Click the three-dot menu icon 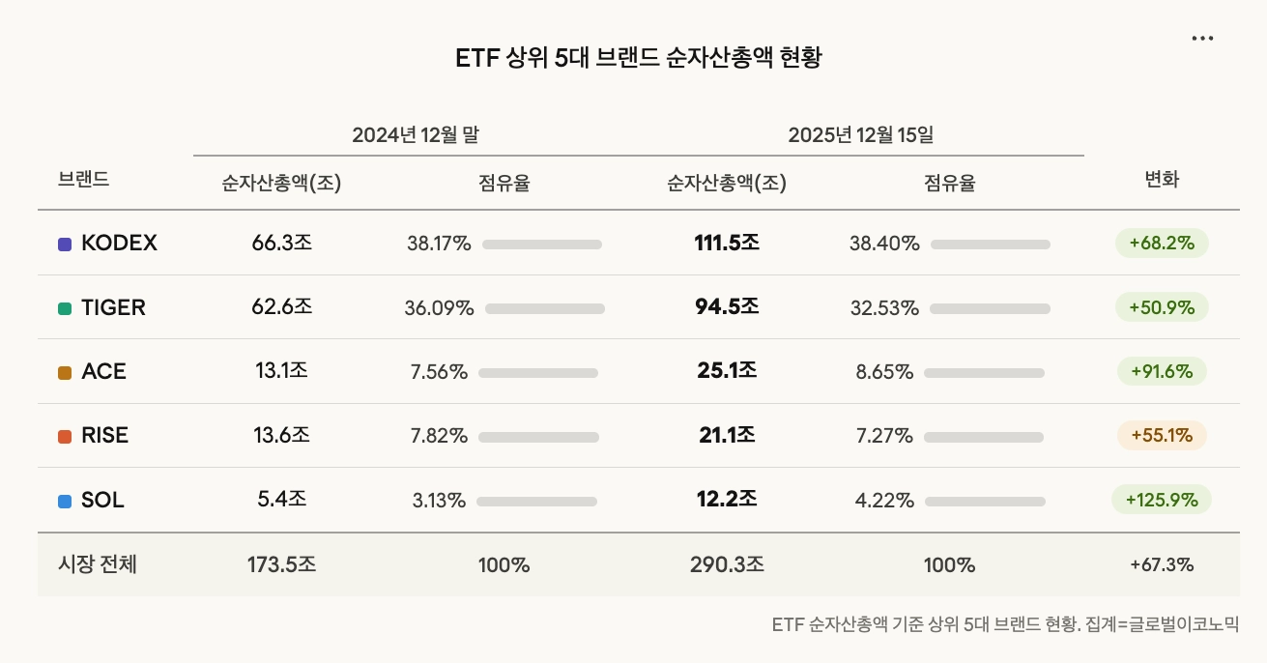(1202, 39)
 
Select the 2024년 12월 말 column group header (416, 135)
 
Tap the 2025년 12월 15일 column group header (860, 135)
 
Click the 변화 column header (1162, 180)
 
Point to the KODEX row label (119, 244)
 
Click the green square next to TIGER (65, 308)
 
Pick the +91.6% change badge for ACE (1162, 371)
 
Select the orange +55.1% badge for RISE (1162, 436)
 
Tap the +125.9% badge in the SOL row (1162, 500)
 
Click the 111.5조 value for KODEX (727, 244)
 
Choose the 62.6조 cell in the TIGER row (281, 307)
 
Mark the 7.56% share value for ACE (439, 372)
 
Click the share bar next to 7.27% (984, 437)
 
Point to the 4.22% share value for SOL (884, 501)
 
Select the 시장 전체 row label (98, 564)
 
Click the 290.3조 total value (727, 564)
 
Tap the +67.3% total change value (1162, 564)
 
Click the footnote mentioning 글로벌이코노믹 (1005, 624)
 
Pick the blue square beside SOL (65, 502)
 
